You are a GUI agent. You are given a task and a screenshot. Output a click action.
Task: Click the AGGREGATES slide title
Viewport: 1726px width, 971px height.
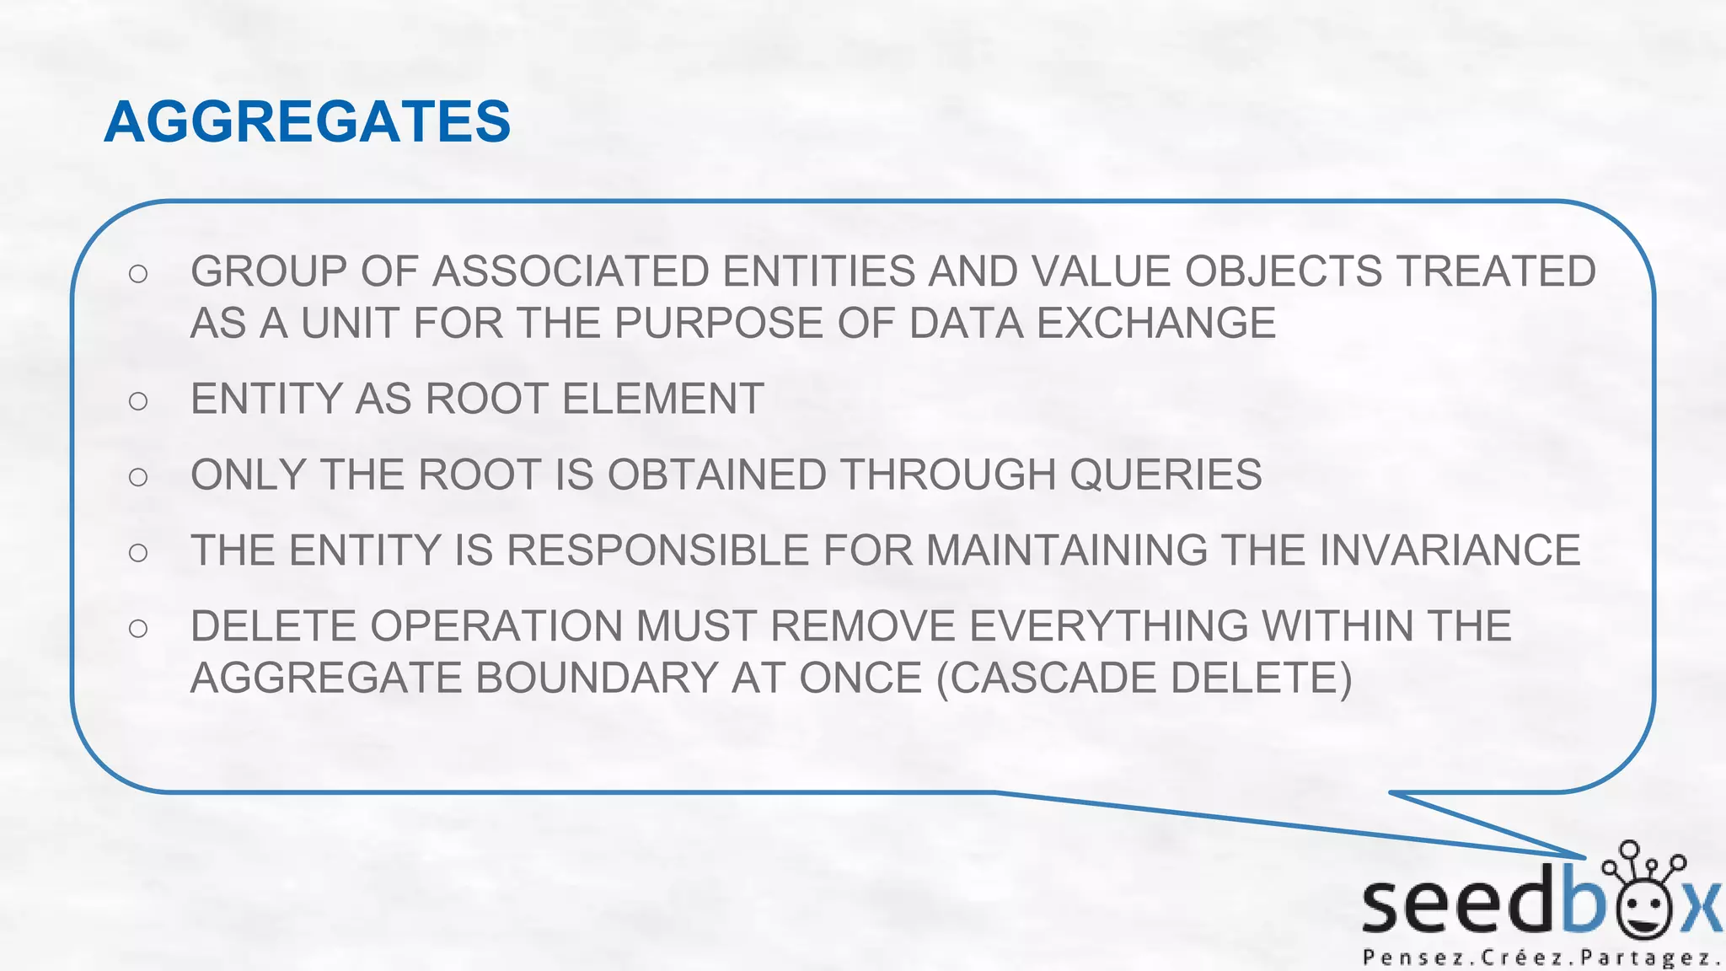click(308, 121)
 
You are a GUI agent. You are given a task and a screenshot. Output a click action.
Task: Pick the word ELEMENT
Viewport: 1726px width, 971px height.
click(662, 400)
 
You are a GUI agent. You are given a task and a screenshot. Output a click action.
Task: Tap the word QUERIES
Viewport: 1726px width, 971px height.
click(1166, 475)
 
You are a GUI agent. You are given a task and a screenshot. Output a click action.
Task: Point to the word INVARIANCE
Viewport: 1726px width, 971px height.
click(1450, 551)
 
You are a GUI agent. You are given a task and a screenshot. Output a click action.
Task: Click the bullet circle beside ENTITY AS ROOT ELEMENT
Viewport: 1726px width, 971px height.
click(138, 401)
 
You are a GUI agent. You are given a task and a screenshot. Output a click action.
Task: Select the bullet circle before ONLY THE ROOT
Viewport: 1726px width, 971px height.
click(138, 477)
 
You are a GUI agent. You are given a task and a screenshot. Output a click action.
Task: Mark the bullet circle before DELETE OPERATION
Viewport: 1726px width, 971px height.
click(138, 629)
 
